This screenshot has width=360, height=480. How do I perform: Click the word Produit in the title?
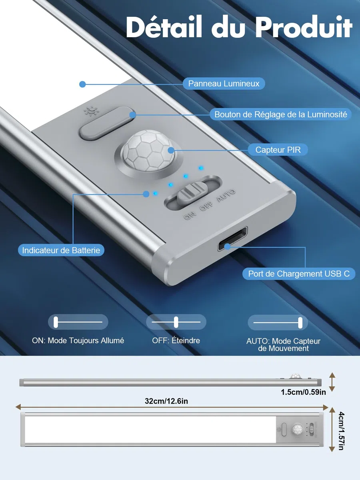[304, 28]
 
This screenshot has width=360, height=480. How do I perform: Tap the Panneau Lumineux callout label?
[224, 84]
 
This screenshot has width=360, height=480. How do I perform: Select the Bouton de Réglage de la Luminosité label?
[281, 114]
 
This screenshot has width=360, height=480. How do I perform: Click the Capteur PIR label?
[278, 150]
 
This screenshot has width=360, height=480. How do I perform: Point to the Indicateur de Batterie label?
[61, 250]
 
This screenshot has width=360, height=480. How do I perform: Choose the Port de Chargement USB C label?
[299, 274]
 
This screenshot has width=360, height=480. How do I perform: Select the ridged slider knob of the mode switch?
[192, 192]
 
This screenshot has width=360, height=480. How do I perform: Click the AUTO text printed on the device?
[226, 196]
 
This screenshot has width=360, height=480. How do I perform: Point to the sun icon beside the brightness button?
[92, 111]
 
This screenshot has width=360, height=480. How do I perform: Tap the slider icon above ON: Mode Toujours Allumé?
[78, 322]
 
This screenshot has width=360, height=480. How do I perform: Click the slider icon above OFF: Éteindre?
[176, 322]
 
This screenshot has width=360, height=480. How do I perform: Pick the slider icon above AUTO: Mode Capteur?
[278, 322]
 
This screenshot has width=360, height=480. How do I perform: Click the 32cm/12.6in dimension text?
[166, 401]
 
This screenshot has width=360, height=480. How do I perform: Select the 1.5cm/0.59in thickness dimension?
[303, 392]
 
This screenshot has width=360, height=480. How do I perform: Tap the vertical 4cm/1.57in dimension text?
[341, 431]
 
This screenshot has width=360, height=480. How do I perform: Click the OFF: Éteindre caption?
[176, 340]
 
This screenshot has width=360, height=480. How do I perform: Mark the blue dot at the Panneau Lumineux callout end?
[82, 84]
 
